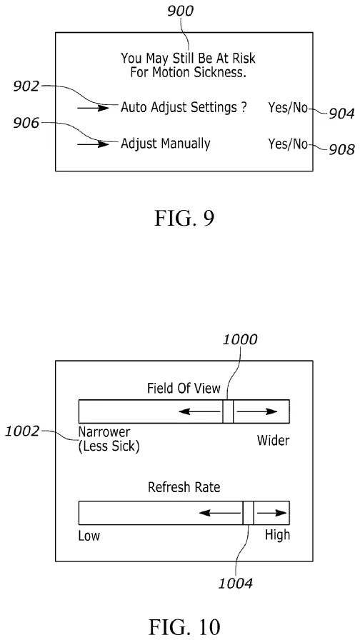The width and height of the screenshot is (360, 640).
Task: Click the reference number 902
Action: point(26,86)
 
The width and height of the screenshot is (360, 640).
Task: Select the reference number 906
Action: point(26,124)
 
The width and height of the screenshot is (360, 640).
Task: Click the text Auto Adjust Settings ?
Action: point(183,107)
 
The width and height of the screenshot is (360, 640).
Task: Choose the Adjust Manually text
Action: point(165,144)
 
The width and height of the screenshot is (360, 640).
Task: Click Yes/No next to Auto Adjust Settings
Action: point(288,107)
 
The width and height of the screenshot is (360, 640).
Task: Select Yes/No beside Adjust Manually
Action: point(288,144)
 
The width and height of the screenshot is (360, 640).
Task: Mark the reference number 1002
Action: point(21,431)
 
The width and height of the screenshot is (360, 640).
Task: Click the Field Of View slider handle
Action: point(228,411)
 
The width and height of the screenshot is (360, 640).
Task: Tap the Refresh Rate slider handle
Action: point(249,514)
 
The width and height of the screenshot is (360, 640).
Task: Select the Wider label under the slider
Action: point(273,441)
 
